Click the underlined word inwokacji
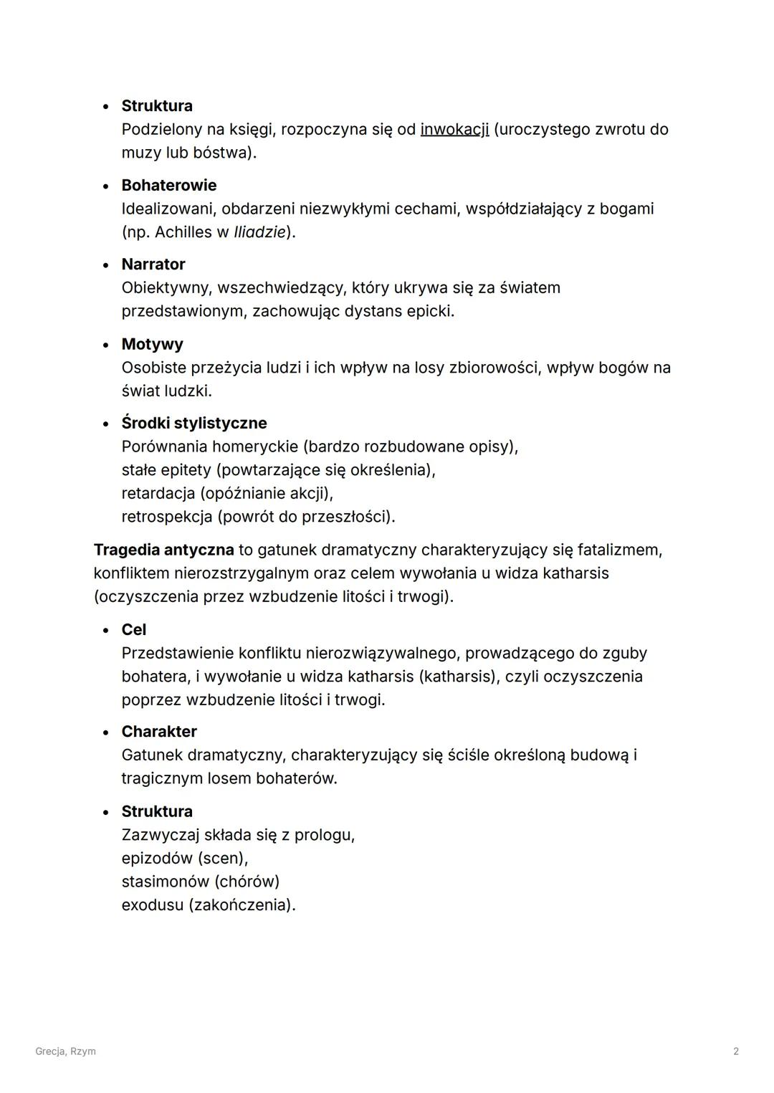(x=454, y=130)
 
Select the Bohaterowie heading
(x=168, y=185)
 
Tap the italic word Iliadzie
(x=259, y=232)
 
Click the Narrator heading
(x=153, y=264)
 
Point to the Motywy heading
(x=152, y=344)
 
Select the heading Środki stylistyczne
(x=193, y=423)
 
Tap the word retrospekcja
(x=166, y=517)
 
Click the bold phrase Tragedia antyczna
(x=163, y=550)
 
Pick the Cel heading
(x=133, y=629)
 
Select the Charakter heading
(x=158, y=732)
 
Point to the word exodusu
(x=152, y=905)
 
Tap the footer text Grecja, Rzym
(x=65, y=1051)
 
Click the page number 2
(x=735, y=1051)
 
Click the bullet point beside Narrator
(x=106, y=265)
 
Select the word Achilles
(x=183, y=232)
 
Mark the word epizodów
(x=156, y=859)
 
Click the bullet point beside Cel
(x=106, y=630)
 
